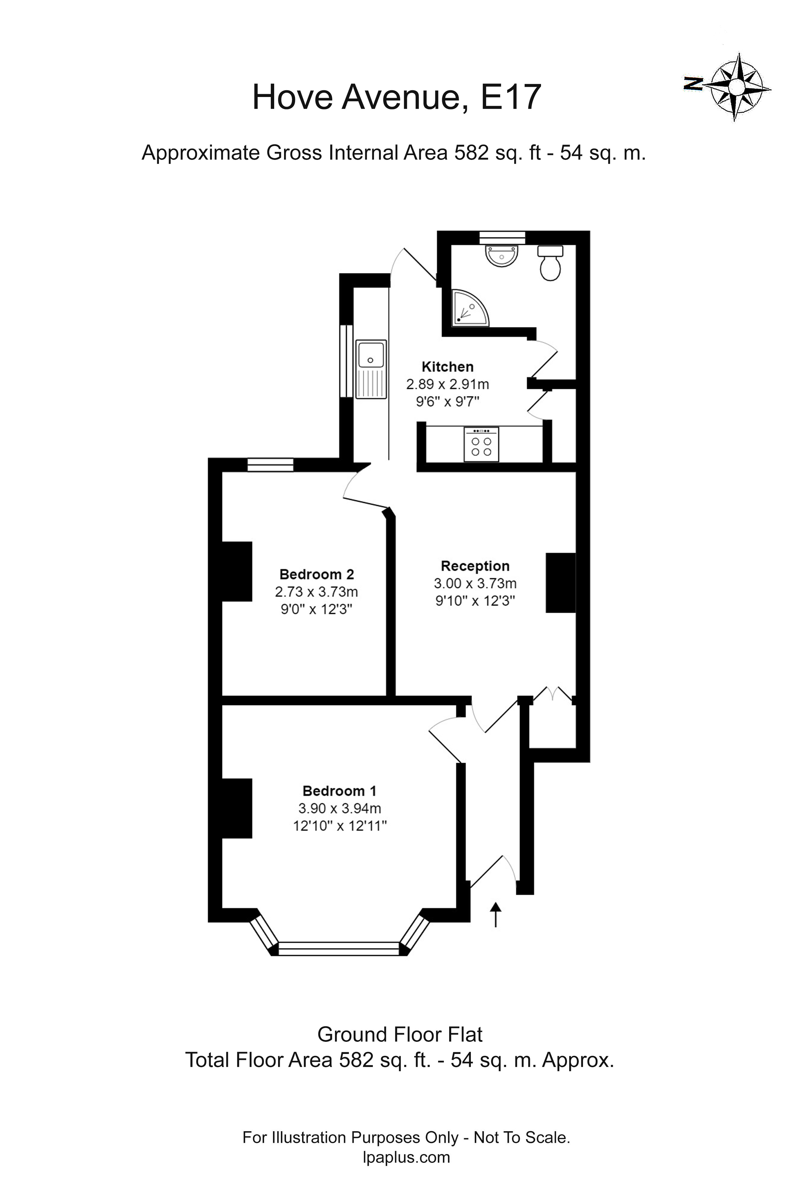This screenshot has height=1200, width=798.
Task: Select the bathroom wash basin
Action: [x=502, y=255]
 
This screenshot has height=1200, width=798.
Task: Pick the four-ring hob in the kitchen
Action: [x=481, y=444]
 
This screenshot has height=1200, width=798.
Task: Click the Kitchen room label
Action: [x=447, y=367]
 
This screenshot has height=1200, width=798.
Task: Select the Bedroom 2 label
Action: [x=316, y=574]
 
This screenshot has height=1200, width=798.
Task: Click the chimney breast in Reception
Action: [x=560, y=583]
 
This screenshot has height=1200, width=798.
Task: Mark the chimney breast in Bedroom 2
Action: [x=237, y=571]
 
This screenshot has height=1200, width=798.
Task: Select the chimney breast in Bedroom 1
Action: [x=237, y=808]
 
